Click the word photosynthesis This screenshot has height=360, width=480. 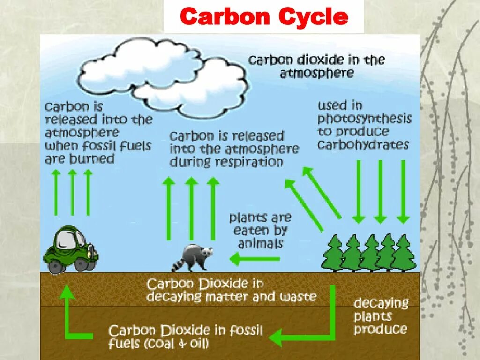click(x=364, y=118)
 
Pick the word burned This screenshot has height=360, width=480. click(x=92, y=159)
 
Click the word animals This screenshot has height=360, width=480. click(x=260, y=244)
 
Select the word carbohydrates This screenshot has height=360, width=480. click(x=363, y=144)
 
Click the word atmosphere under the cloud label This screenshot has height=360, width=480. click(x=317, y=73)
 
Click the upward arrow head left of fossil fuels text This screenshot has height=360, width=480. click(x=67, y=293)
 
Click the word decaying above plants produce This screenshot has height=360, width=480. click(x=381, y=303)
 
